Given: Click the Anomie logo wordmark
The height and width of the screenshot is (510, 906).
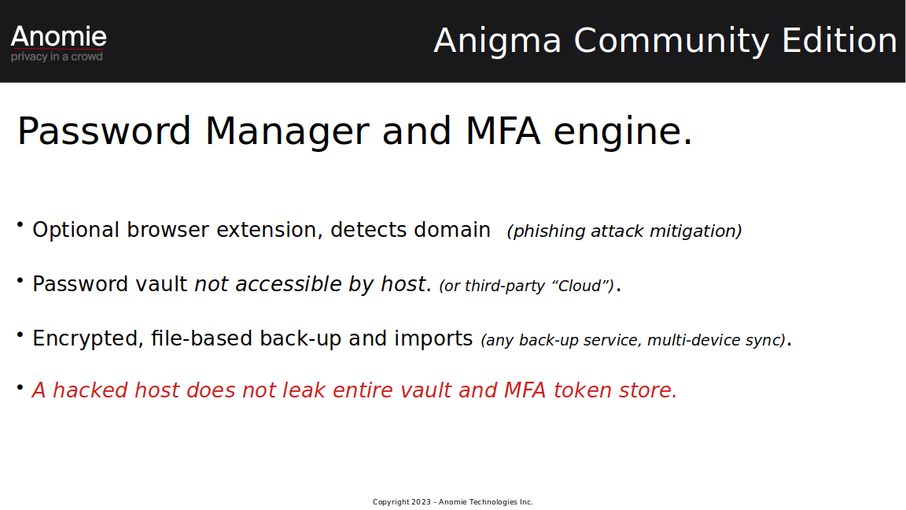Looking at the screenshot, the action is coord(58,36).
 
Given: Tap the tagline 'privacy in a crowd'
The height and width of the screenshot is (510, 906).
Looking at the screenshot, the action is coord(57,57).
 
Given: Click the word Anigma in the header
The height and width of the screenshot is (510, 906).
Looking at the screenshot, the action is coord(498,42).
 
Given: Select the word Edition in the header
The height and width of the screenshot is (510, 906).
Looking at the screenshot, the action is coord(840,40).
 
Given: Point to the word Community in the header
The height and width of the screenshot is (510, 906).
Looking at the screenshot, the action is coord(672,42).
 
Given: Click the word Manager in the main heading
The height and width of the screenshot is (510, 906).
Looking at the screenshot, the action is coord(287,132).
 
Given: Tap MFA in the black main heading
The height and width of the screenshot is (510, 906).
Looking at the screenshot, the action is coord(503,131).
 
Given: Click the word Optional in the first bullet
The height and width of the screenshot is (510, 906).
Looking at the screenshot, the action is coord(75,230).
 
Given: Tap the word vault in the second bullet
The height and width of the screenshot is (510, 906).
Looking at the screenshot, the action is coord(161,284).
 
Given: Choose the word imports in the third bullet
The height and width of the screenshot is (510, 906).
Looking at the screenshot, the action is coord(433,339).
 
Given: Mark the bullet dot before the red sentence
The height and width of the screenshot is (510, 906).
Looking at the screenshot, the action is coord(20,387).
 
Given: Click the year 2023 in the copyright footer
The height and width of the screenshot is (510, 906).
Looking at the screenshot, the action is coord(422,502).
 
